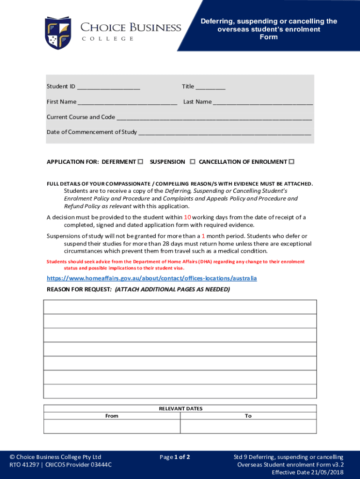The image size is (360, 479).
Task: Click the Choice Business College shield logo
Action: tap(58, 33)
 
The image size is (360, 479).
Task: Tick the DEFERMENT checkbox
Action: tap(140, 162)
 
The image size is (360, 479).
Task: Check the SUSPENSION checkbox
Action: tap(193, 162)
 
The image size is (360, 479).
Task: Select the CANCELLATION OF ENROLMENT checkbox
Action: tap(291, 162)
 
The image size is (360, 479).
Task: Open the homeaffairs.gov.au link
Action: tap(151, 278)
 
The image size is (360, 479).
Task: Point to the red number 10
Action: tap(187, 217)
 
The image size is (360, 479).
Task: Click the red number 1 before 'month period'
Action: tap(203, 236)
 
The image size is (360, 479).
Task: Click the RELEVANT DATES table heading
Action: tap(180, 408)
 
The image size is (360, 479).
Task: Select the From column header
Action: tap(112, 416)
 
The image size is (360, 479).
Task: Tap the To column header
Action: tap(248, 416)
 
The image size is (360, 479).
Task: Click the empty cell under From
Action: tap(112, 426)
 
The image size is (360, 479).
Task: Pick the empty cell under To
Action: tap(248, 426)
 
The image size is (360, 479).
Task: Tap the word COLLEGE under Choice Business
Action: tap(108, 39)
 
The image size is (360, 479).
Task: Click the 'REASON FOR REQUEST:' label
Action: tap(79, 290)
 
